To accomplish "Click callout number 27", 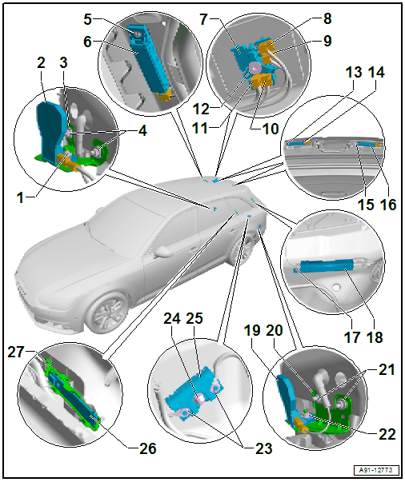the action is tap(16, 353).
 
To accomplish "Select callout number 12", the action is tap(201, 110).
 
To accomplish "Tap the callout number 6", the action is tap(88, 42).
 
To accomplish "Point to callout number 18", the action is tap(375, 337).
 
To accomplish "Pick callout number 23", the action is tap(264, 448).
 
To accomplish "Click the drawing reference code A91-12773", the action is tap(375, 470).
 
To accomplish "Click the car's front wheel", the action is tap(106, 312).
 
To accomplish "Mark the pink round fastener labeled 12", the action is tap(255, 68).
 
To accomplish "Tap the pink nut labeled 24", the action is tap(199, 399).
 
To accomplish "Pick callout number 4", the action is tap(142, 131).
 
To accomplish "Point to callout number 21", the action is tap(387, 369).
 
